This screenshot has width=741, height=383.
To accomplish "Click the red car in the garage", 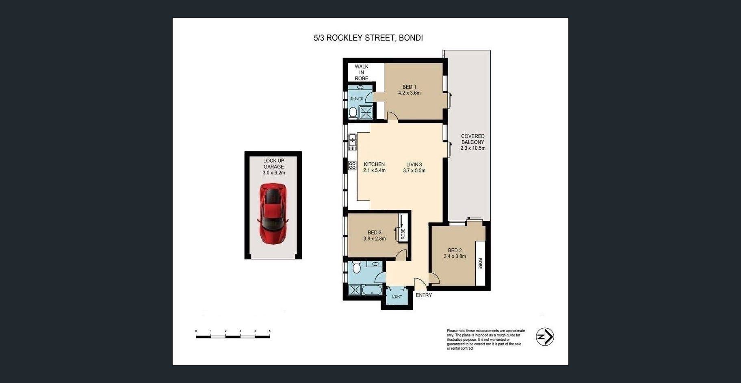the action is point(273,214).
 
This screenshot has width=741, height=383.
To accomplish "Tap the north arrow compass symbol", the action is point(545,337).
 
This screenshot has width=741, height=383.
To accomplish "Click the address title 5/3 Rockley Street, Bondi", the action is point(368,38).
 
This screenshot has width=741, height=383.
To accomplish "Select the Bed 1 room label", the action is point(409,87).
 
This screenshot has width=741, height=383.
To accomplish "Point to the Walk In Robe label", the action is point(362,72).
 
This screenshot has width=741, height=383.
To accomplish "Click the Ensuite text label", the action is point(356,99).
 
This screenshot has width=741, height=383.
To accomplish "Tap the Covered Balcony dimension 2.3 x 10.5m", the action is point(473,148).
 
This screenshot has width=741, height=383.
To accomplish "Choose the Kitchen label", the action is point(374,164).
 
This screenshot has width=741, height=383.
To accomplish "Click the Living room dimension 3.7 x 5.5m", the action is point(414,170).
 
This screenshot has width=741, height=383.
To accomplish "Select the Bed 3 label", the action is point(375,232).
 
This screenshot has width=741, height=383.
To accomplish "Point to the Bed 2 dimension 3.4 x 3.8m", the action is point(455,256).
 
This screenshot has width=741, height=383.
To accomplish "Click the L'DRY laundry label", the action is point(397,297).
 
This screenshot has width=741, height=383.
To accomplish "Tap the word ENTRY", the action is point(424,295).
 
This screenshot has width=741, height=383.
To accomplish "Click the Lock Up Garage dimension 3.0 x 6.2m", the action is point(274,172).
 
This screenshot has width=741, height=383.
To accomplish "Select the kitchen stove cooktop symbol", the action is point(352,166).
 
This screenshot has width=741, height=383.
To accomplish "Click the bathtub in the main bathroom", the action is point(372,290).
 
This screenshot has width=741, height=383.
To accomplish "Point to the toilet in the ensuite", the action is point(353,113).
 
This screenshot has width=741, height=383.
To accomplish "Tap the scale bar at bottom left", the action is point(233,334).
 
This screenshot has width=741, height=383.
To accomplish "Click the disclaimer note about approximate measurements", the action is point(486,340).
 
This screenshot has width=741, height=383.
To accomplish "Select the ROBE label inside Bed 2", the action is point(480,263).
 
